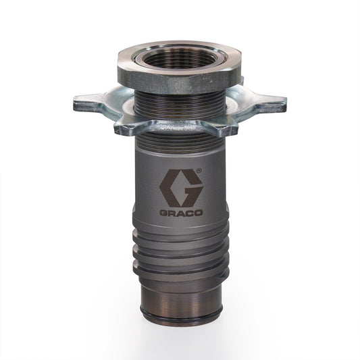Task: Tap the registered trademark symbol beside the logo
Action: coord(198,172)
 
